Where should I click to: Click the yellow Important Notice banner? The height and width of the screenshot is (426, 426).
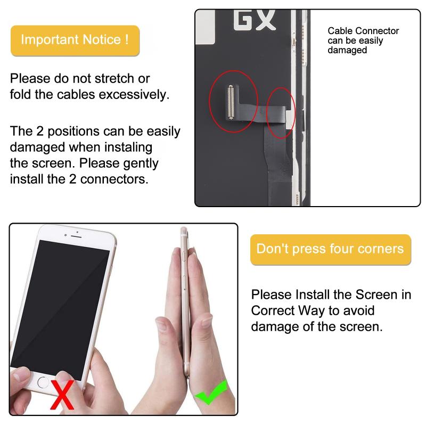coord(75,40)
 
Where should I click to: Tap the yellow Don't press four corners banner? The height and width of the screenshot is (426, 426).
coord(330,249)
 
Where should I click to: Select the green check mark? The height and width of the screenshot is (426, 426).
coord(211,392)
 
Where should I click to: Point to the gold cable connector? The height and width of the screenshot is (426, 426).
coord(231,102)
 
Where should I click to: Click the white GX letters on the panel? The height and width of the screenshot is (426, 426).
coord(255,20)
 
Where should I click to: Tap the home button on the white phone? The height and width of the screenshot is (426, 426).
coord(43,382)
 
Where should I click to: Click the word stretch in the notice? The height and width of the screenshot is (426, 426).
coord(114,78)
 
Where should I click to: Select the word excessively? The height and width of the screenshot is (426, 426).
coord(134,95)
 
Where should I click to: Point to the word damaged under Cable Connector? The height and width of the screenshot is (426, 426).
coord(347,50)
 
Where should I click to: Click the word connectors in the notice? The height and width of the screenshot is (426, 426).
coord(114,179)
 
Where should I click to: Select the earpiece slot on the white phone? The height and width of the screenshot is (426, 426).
coord(76,236)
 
